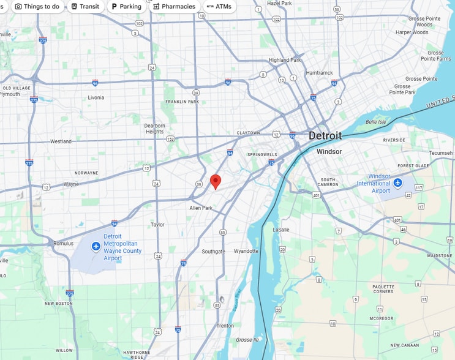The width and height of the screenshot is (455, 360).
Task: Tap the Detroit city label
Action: [x=325, y=136]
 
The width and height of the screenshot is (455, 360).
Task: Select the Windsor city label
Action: [x=329, y=151]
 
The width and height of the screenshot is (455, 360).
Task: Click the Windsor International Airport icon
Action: [x=398, y=182]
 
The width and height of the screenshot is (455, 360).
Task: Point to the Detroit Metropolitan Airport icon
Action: [x=96, y=246]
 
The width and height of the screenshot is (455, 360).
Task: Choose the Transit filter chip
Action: [x=85, y=7]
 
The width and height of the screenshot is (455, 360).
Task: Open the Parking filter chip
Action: [x=126, y=7]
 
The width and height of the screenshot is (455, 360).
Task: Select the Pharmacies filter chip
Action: [x=174, y=7]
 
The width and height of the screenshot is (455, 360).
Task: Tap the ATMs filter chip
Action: [x=219, y=7]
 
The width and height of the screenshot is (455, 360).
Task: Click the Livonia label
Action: [x=96, y=97]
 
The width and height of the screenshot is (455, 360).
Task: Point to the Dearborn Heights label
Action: [x=154, y=129]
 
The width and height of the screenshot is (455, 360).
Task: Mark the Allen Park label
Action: [x=200, y=208]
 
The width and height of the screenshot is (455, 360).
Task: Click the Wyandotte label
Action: [x=246, y=251]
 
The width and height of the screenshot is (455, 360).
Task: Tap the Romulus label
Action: [x=63, y=243]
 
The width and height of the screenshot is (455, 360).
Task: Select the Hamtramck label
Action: [x=319, y=73]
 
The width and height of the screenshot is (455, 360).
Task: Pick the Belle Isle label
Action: [x=375, y=122]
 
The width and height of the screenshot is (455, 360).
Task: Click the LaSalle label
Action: [x=280, y=230]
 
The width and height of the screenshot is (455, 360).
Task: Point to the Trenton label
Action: [x=225, y=326]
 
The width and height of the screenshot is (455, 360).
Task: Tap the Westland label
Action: [x=61, y=141]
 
